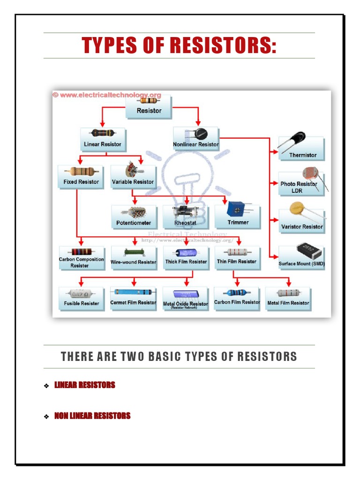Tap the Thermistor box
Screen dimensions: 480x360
[x=302, y=149]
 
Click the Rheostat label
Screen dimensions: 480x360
[x=185, y=223]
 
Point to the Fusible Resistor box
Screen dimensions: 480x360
[x=82, y=299]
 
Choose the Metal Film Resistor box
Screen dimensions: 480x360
[x=288, y=298]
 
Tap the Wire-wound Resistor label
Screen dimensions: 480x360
[x=133, y=262]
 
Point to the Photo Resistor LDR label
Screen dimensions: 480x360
[x=299, y=187]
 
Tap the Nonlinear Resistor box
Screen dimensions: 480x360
[x=196, y=139]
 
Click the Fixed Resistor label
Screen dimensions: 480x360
[x=81, y=181]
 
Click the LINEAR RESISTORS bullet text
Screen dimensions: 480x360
[x=84, y=385]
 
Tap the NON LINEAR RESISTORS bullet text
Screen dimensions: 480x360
[x=92, y=416]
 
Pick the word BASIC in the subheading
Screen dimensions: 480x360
[x=165, y=357]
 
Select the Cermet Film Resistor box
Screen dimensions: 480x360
[x=133, y=298]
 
